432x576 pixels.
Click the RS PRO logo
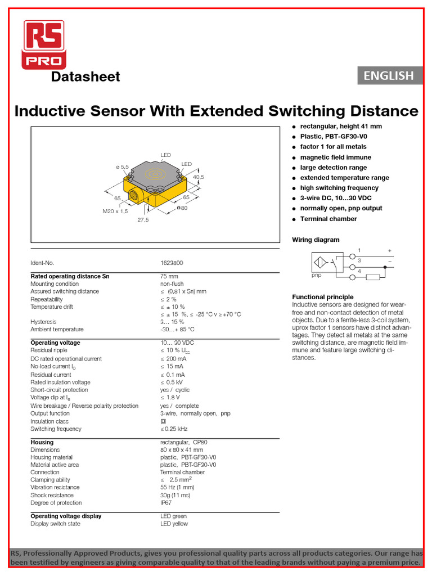tap(44, 44)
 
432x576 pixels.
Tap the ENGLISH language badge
tap(389, 75)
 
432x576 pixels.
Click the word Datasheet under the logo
tap(85, 77)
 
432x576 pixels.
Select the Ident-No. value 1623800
tap(172, 263)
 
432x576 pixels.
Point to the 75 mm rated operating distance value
tap(169, 276)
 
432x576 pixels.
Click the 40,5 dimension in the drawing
tap(199, 177)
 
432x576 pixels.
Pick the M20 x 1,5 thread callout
tap(115, 211)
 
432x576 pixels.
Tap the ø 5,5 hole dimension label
tap(122, 167)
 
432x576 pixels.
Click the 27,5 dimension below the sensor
tap(143, 220)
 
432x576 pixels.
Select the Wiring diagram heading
tap(316, 240)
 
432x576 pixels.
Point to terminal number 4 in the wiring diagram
tap(359, 271)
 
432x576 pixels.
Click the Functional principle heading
tap(322, 297)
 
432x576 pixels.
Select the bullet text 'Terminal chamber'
tap(328, 219)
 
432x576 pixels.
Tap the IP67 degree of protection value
tap(166, 503)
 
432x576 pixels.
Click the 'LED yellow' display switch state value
tap(174, 524)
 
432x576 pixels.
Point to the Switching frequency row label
tap(56, 429)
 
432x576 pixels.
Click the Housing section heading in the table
tap(42, 442)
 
